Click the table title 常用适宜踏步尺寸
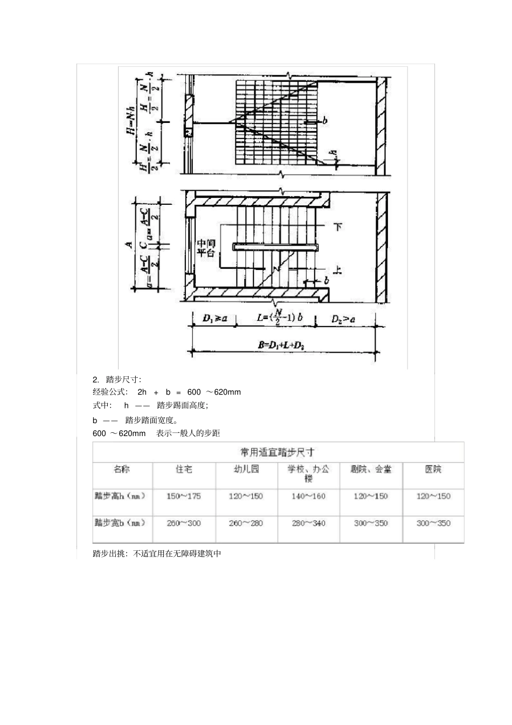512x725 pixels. [x=278, y=452]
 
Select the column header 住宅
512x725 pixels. [x=184, y=469]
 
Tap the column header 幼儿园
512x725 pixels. [x=246, y=469]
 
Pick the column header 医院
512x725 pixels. [x=433, y=469]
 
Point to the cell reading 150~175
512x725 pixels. [x=183, y=496]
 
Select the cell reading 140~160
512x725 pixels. [x=308, y=496]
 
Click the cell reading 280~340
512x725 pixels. [x=308, y=523]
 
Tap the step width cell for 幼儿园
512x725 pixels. [x=246, y=523]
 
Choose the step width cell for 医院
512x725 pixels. [x=433, y=523]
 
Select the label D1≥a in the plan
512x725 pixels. [x=215, y=319]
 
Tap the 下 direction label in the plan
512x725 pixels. [x=338, y=226]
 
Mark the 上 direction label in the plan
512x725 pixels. [x=338, y=270]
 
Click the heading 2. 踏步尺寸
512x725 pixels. [x=116, y=379]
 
